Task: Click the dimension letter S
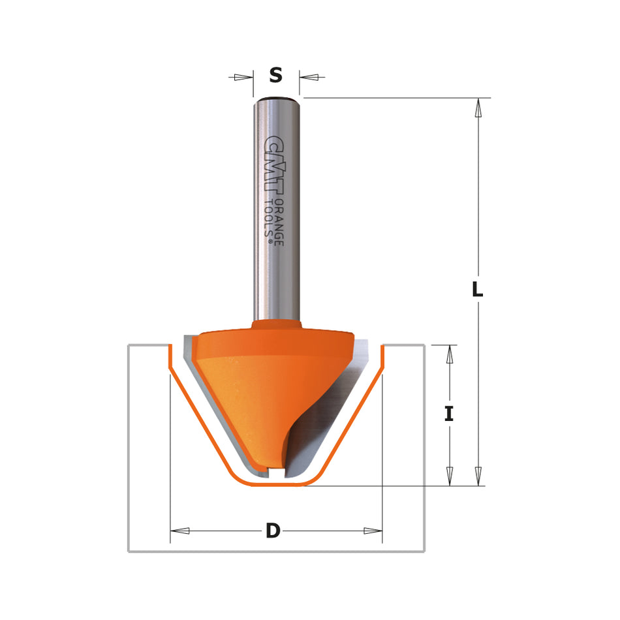(x=275, y=76)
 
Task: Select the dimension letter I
(x=449, y=414)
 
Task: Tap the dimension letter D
(x=273, y=531)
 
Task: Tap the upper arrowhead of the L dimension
(x=478, y=108)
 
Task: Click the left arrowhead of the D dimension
(x=180, y=531)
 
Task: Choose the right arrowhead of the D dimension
(x=373, y=531)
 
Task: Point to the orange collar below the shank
(x=276, y=324)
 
